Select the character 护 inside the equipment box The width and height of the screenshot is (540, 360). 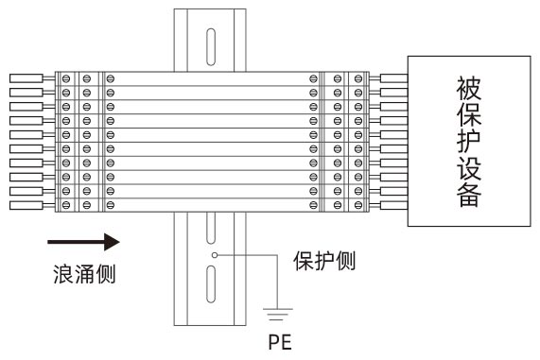(469, 146)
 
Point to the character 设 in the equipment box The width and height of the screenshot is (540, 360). (469, 173)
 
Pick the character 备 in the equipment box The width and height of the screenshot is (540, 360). (469, 199)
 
